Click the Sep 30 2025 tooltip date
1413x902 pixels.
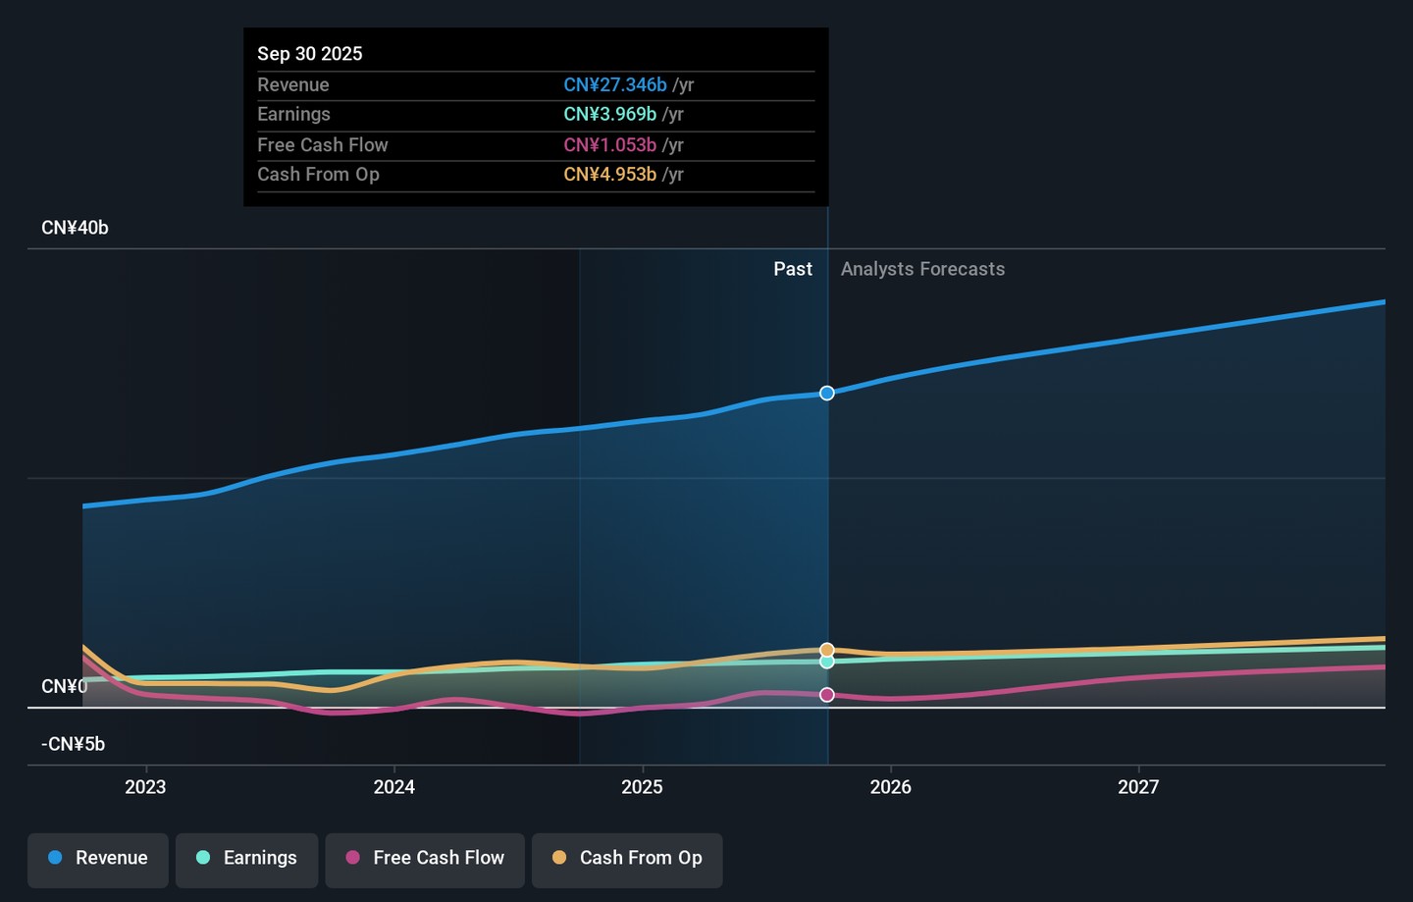tap(310, 54)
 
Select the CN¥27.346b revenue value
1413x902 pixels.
tap(614, 85)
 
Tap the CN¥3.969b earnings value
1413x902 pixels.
tap(609, 115)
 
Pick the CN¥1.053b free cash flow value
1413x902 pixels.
tap(609, 145)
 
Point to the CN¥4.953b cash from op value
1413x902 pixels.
tap(609, 175)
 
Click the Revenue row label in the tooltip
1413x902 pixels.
tap(293, 85)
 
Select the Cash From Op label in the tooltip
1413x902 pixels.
tap(318, 175)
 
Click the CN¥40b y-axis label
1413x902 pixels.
tap(75, 228)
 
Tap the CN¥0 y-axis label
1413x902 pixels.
tap(64, 686)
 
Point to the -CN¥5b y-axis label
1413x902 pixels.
tap(73, 744)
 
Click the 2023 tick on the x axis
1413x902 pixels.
tap(145, 787)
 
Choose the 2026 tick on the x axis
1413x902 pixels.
tap(890, 787)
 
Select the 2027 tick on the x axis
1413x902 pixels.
tap(1138, 787)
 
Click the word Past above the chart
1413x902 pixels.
tap(793, 269)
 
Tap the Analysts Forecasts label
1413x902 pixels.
tap(922, 269)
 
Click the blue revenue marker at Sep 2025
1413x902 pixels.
tap(827, 394)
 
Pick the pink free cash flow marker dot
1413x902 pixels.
tap(827, 695)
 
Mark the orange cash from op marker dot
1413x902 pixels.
tap(827, 650)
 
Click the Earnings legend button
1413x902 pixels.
tap(247, 859)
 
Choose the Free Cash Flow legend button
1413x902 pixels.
tap(425, 859)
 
